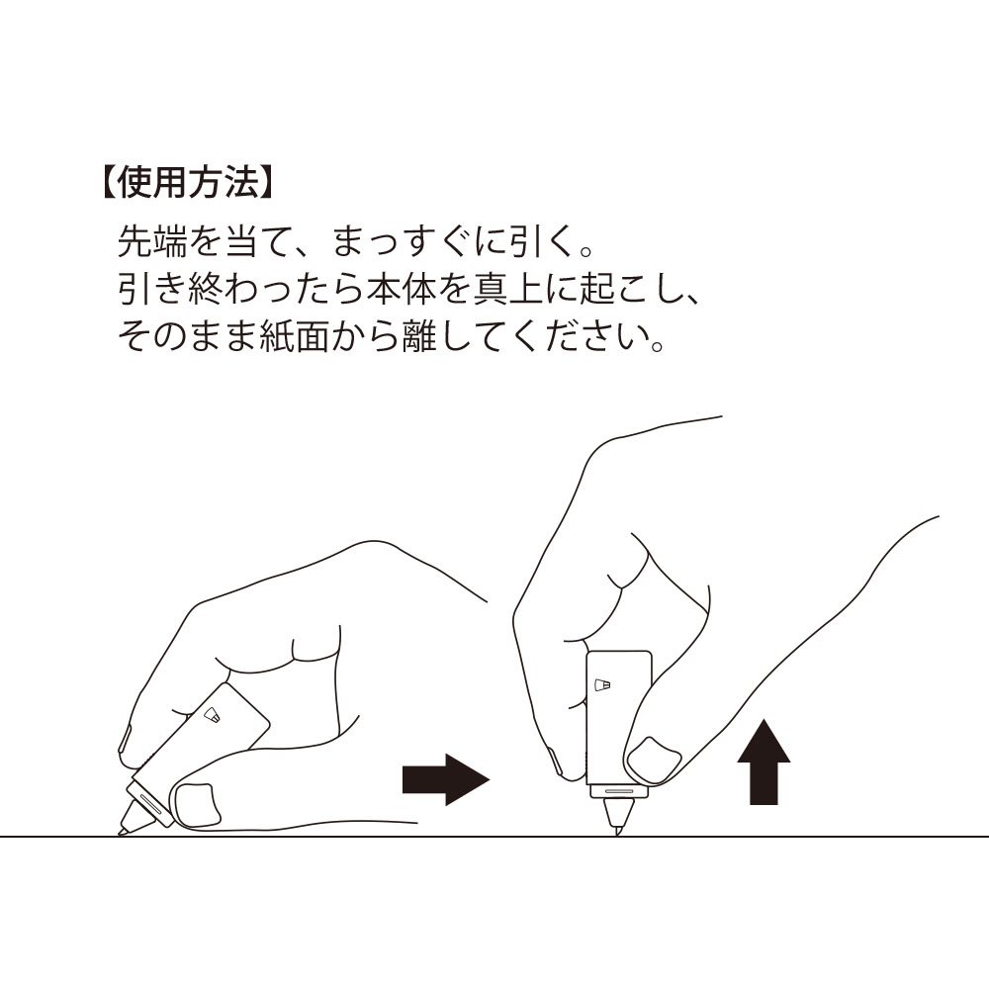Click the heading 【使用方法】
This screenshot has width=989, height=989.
click(x=187, y=183)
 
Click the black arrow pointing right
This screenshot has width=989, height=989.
click(x=446, y=779)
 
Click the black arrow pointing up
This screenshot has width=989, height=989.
click(x=764, y=762)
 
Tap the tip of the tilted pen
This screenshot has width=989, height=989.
click(x=120, y=834)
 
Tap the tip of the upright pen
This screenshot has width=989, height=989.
click(x=617, y=835)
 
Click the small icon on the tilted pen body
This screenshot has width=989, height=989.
click(x=212, y=715)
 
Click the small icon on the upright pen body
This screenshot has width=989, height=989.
click(x=603, y=684)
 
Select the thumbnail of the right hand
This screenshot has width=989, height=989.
click(x=655, y=761)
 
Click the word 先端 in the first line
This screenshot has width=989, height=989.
click(x=152, y=241)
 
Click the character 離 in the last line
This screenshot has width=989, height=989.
click(x=419, y=336)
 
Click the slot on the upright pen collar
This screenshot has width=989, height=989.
click(x=619, y=790)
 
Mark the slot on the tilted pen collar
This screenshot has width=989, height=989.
click(x=150, y=803)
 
